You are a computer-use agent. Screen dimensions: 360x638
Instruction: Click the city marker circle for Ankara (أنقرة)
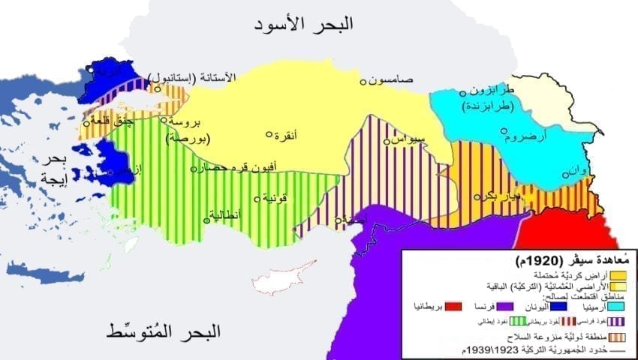pos(269,134)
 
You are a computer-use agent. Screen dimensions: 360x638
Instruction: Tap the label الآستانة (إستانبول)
pos(194,78)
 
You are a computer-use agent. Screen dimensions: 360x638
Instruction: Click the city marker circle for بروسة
pos(163,119)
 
